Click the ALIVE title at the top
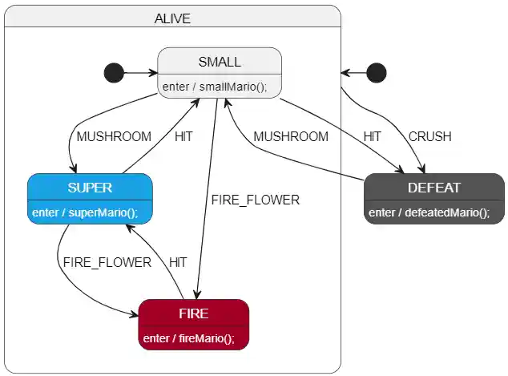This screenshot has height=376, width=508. (172, 18)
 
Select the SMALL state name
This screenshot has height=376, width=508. (220, 62)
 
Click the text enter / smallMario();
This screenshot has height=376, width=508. (215, 87)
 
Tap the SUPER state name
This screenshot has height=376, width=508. (90, 188)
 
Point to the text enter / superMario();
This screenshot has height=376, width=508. (85, 212)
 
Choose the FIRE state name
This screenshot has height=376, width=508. (194, 313)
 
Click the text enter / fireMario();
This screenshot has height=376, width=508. (189, 338)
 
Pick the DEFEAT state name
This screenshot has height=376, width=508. (434, 188)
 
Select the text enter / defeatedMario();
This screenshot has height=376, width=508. (429, 212)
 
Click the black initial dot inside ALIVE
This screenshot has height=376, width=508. (115, 73)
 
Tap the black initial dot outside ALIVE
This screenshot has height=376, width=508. (377, 73)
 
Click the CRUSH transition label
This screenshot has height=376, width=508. (430, 136)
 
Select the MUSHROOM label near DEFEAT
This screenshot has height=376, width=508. (291, 136)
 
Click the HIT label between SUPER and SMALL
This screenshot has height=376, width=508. (183, 136)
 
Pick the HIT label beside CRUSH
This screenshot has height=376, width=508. (373, 136)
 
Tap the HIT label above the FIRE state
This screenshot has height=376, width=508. (178, 262)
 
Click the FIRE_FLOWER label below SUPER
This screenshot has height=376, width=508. (107, 262)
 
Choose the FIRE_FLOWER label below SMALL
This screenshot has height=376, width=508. (256, 200)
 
